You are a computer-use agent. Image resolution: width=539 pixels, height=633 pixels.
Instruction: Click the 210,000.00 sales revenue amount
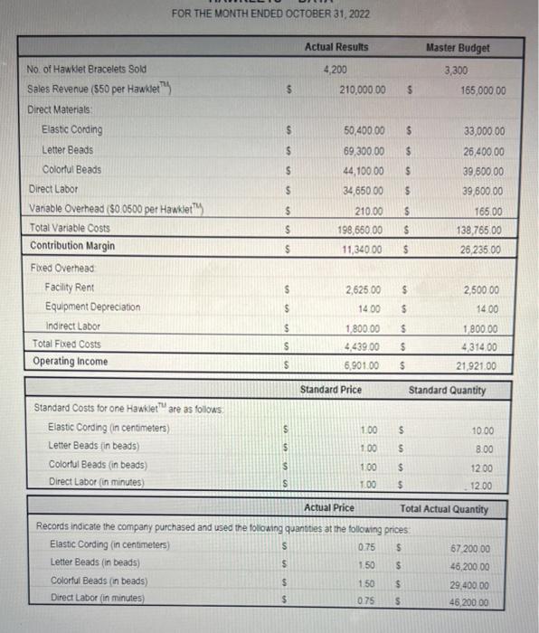coord(363,90)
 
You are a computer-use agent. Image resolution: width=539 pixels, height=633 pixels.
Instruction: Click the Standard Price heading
coord(330,390)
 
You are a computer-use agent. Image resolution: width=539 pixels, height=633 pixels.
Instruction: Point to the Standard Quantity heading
coord(447,391)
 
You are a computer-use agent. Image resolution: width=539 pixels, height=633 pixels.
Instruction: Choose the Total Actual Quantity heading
coord(443,509)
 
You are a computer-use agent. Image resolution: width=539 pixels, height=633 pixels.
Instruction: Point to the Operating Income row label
coord(69,362)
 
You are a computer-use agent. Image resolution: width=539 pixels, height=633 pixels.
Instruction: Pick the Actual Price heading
coord(329,508)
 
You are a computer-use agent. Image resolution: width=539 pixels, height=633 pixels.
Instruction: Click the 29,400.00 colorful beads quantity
coord(471,585)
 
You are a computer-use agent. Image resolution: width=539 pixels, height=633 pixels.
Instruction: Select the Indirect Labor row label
coord(75,326)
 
